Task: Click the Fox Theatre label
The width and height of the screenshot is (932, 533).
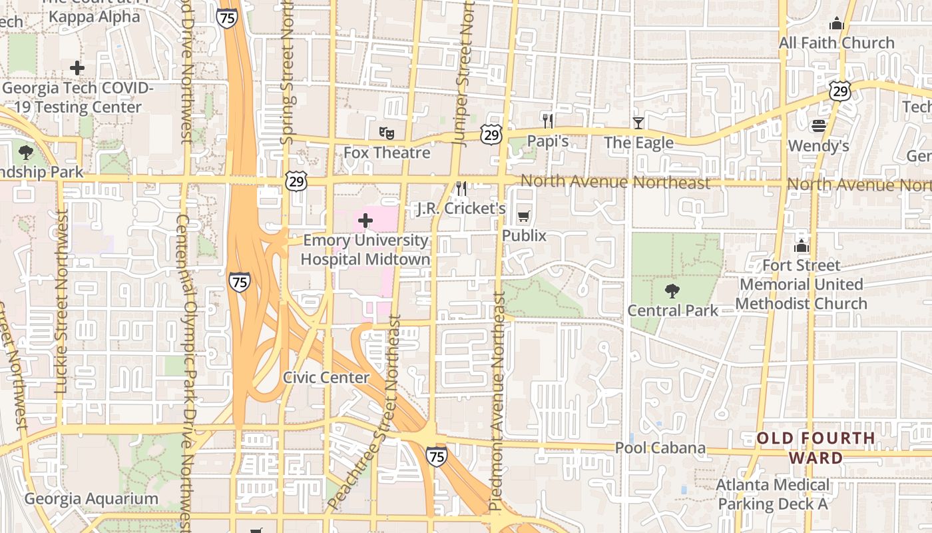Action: coord(387,153)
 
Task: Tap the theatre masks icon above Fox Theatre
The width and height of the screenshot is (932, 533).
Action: coord(387,133)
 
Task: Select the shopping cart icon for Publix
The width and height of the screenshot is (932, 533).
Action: coord(524,216)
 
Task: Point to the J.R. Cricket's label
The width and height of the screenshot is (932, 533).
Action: coord(461,209)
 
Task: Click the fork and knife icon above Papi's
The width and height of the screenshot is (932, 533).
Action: coord(548,121)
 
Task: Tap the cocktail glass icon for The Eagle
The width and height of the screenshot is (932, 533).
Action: coord(638,123)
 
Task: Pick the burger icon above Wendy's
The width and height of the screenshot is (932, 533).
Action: coord(818,126)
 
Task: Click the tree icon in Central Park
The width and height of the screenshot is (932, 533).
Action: coord(672,291)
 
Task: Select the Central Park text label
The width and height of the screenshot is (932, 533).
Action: coord(673,310)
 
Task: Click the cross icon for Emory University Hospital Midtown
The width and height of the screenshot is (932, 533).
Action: coord(365,220)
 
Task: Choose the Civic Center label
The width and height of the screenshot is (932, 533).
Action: coord(326,378)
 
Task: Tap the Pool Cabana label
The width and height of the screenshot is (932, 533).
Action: coord(660,448)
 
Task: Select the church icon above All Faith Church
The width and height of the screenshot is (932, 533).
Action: coord(837,24)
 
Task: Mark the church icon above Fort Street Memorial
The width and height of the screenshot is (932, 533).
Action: coord(801,246)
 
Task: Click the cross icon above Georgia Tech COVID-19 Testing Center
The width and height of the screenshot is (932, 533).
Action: coord(77,68)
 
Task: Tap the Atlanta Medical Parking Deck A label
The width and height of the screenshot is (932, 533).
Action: coord(773,494)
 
